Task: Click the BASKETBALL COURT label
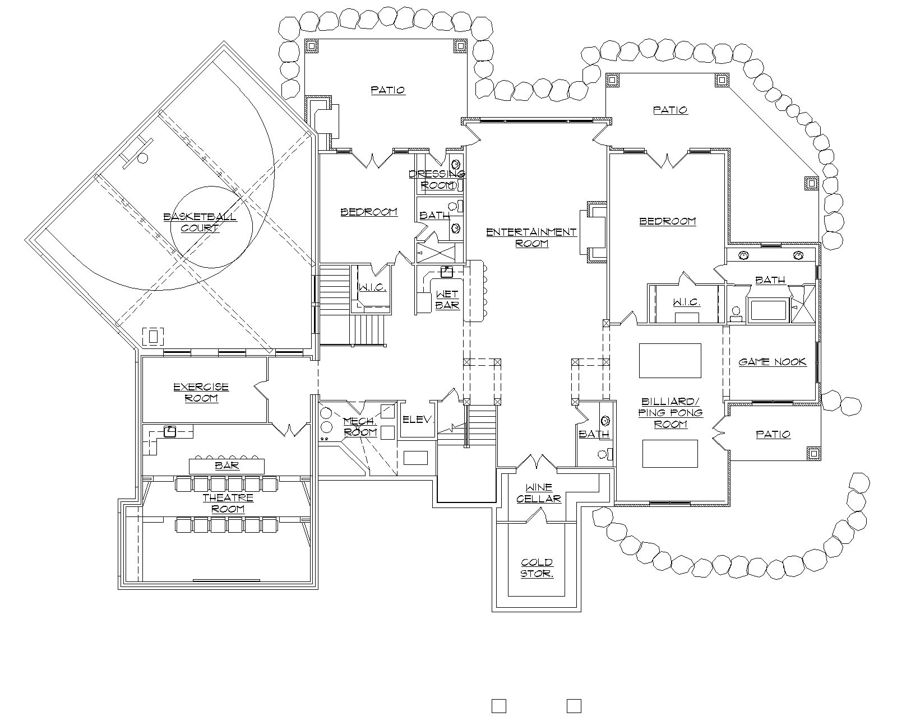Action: [200, 222]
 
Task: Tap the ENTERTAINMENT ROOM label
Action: [531, 238]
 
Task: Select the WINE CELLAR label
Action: [539, 493]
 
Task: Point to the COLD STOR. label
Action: [537, 568]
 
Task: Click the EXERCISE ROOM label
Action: [201, 393]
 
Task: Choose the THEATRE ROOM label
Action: [228, 503]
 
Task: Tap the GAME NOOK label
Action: [773, 362]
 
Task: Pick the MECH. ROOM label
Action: [360, 427]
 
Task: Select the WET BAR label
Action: [447, 300]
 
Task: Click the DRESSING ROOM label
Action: [437, 179]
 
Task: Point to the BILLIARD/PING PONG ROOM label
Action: [671, 413]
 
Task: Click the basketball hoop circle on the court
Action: [142, 158]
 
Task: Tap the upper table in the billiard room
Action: [670, 360]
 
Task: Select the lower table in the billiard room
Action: [670, 453]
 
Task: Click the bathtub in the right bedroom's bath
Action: [769, 310]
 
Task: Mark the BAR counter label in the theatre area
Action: [227, 466]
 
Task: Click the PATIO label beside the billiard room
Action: [773, 435]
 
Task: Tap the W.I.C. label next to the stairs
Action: [372, 287]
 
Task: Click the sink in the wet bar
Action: [447, 272]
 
